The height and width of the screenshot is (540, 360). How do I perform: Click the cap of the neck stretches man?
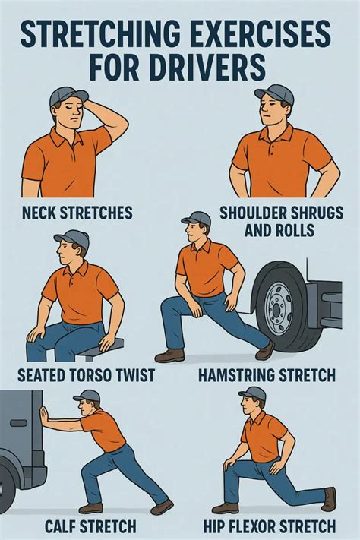click(67, 97)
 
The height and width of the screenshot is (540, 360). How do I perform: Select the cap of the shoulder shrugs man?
click(274, 94)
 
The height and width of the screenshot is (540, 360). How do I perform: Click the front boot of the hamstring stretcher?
click(169, 355)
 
